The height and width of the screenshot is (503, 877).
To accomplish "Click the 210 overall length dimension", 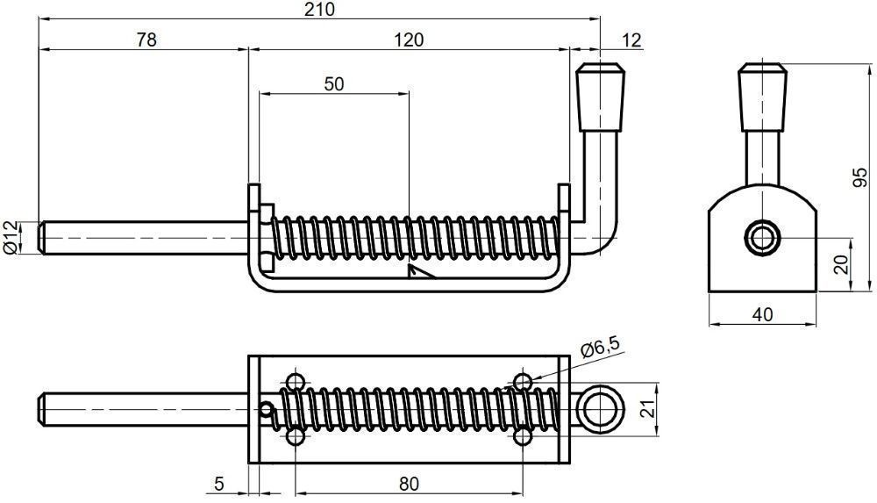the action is click(319, 10).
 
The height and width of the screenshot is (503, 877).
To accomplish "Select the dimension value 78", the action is click(146, 40).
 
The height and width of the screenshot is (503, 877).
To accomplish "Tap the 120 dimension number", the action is click(409, 40).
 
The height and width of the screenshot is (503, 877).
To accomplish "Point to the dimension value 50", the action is click(334, 84).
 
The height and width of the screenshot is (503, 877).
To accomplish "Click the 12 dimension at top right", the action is click(631, 40).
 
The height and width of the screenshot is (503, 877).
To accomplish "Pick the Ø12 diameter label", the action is click(10, 238).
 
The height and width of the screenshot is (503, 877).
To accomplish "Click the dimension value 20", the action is click(841, 263).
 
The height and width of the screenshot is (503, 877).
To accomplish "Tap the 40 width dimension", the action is click(762, 315).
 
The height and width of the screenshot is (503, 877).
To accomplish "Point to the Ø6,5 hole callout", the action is click(601, 349).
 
